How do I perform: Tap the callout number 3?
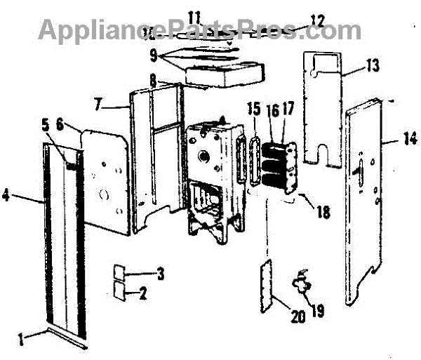pyautogui.click(x=161, y=274)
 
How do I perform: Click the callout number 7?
pyautogui.click(x=98, y=105)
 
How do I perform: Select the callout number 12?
pyautogui.click(x=318, y=22)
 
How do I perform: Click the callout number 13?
pyautogui.click(x=373, y=67)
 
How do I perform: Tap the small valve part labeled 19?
pyautogui.click(x=302, y=284)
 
